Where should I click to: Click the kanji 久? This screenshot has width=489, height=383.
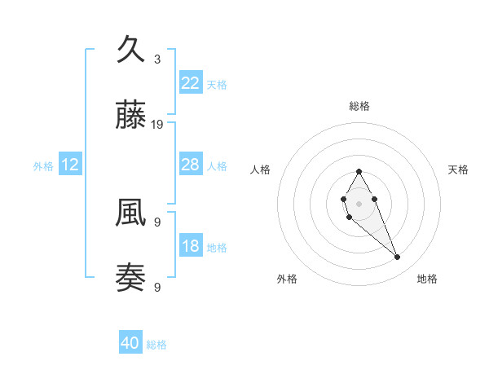click(131, 50)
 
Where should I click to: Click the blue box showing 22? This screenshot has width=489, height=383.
click(191, 82)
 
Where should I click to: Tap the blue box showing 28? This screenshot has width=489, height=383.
click(191, 165)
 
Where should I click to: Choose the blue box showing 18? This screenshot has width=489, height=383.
click(191, 246)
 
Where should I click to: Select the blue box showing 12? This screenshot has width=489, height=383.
click(70, 165)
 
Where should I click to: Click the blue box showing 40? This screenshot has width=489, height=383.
click(130, 344)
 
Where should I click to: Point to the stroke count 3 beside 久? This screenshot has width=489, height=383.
click(157, 59)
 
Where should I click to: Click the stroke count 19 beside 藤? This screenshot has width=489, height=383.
click(157, 125)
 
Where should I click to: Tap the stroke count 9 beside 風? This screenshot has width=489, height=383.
click(157, 222)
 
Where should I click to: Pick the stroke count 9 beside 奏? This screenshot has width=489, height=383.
click(157, 287)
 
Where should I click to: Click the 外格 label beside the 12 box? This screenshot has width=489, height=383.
click(43, 166)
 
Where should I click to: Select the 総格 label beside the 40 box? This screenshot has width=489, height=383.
click(156, 346)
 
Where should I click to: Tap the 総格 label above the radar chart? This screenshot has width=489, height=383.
click(359, 106)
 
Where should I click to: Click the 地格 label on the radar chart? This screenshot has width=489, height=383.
click(427, 279)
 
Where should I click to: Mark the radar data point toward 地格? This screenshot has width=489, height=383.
click(398, 258)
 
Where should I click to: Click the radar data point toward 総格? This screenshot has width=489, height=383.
click(359, 171)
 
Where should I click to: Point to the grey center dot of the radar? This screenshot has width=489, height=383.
click(359, 202)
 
